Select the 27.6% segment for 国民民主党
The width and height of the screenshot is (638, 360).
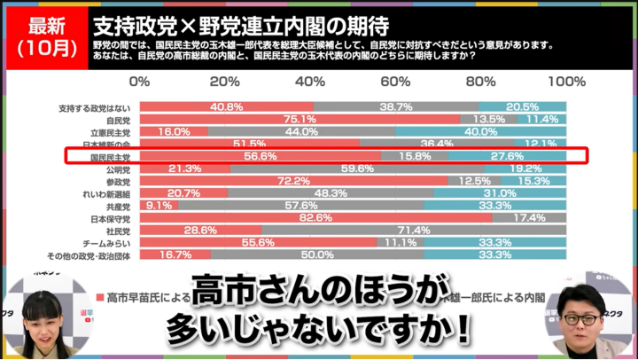click(x=507, y=155)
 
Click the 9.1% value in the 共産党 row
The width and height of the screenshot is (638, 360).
click(x=159, y=205)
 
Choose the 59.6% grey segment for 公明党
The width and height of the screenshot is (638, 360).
click(x=357, y=168)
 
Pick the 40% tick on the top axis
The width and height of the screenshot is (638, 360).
click(x=310, y=81)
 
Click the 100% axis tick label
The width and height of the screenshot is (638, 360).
click(x=566, y=81)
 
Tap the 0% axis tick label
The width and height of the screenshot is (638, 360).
click(x=140, y=81)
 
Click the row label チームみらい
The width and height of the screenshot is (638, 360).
click(x=108, y=242)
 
